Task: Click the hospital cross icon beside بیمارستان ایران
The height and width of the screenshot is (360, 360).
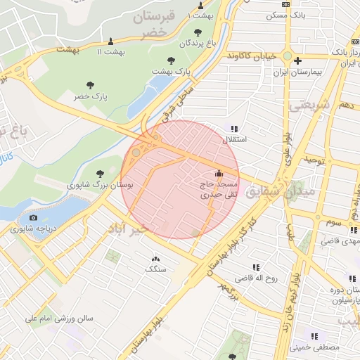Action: [x=298, y=60]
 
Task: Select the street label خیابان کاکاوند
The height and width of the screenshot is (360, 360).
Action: [x=253, y=56]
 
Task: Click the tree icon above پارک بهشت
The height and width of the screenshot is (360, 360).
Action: [x=172, y=60]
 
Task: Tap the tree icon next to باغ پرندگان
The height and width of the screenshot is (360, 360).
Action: [x=197, y=32]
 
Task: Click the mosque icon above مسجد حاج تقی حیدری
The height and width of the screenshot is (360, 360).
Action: [x=219, y=172]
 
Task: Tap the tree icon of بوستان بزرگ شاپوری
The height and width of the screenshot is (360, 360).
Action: [x=100, y=172]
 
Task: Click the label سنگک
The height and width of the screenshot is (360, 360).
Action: [x=155, y=269]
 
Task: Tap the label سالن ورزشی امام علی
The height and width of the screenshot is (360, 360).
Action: [x=60, y=318]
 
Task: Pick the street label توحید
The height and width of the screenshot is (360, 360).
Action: [x=314, y=160]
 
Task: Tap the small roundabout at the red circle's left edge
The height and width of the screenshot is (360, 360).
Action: [x=136, y=152]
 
